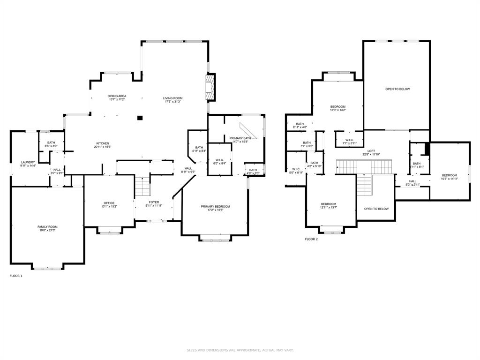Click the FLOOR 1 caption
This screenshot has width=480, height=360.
[16, 276]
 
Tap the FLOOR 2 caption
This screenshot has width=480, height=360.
[311, 239]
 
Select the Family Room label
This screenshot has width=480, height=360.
[47, 227]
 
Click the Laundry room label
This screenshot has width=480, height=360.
[28, 162]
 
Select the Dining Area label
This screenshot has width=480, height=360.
[117, 96]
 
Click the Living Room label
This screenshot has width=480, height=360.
[172, 98]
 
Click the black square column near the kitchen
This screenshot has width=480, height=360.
[140, 118]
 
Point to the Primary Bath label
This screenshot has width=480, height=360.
[240, 138]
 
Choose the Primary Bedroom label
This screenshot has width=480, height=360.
[215, 206]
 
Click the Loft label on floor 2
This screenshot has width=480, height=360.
[371, 151]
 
